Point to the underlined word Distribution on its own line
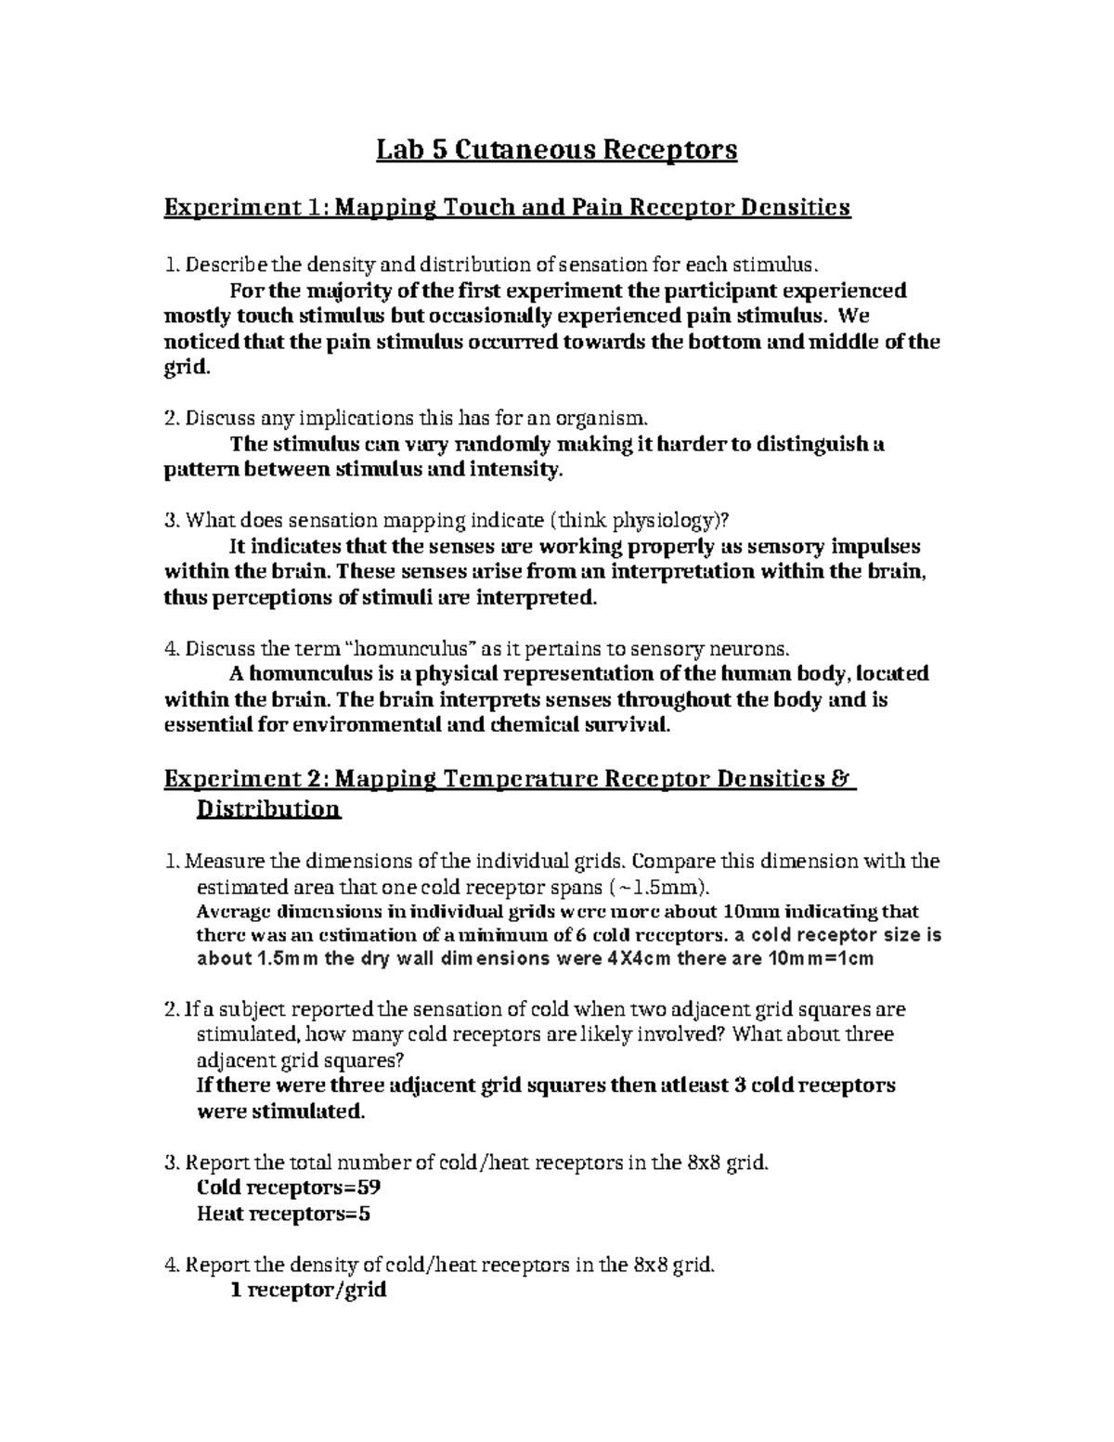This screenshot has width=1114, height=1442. coord(269,810)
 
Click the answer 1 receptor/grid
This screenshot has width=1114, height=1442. coord(307,1290)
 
